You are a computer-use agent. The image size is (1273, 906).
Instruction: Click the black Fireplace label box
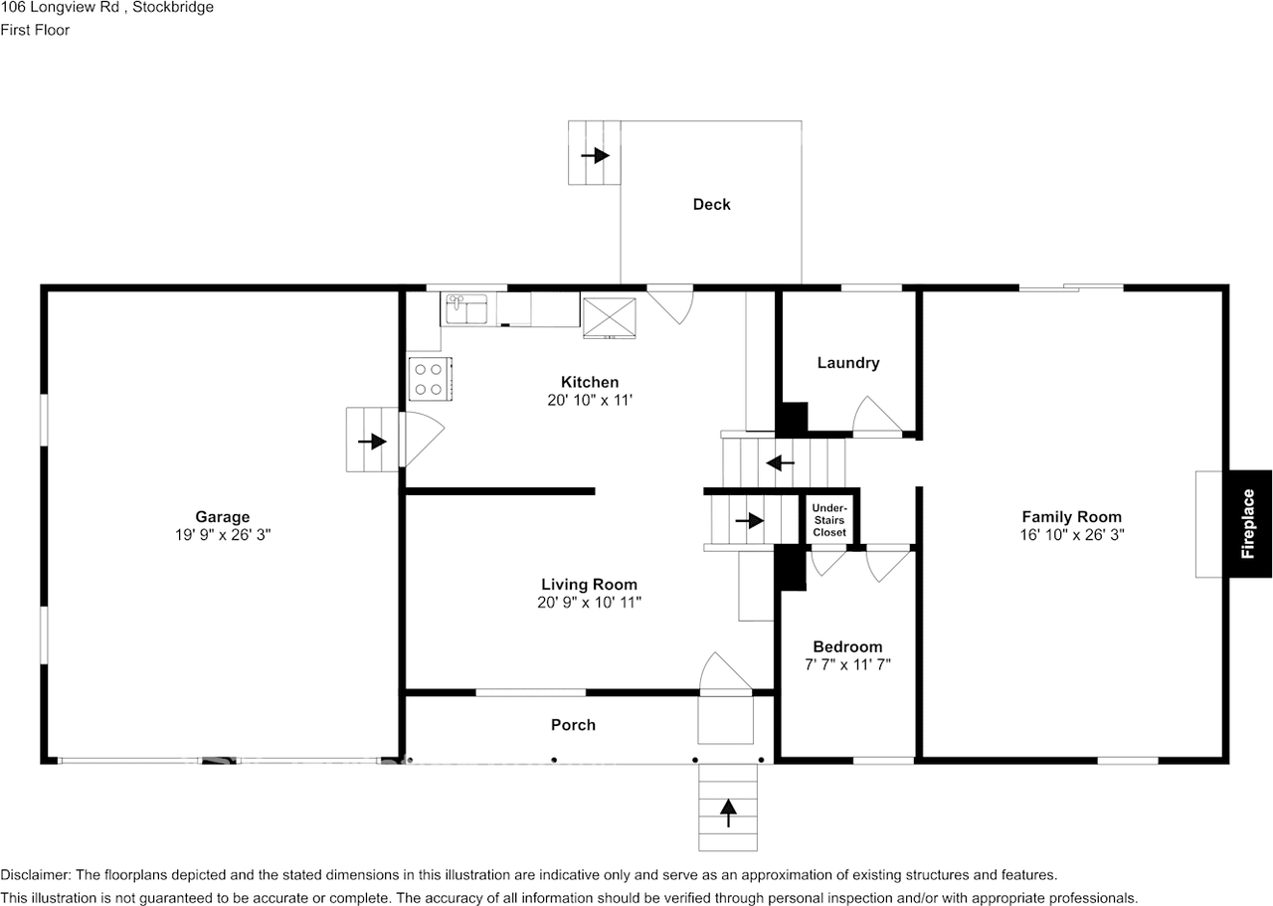click(1249, 523)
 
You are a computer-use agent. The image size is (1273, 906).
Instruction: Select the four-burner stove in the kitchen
click(429, 378)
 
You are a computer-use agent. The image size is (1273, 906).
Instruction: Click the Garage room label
click(222, 516)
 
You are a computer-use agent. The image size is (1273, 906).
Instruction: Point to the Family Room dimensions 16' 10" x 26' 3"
click(1071, 534)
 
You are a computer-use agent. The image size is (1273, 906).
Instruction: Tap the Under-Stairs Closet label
click(829, 520)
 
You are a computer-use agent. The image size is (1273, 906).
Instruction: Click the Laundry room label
click(847, 363)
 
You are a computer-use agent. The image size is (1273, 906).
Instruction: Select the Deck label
click(711, 204)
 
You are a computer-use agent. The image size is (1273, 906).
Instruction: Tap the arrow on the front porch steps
click(729, 813)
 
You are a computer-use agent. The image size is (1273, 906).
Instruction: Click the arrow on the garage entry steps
click(372, 441)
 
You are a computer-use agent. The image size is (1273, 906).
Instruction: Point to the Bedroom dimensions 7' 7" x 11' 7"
click(847, 664)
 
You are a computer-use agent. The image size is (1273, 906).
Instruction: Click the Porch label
click(573, 725)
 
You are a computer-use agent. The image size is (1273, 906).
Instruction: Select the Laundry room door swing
click(876, 417)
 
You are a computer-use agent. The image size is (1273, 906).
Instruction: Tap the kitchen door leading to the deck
click(670, 304)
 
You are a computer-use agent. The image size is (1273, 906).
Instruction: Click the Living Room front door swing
click(723, 673)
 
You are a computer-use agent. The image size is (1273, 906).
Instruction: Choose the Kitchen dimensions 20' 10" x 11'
click(590, 400)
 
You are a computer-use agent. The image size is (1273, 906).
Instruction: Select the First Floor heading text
click(35, 30)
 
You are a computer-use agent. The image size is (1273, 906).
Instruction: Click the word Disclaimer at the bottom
click(35, 875)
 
